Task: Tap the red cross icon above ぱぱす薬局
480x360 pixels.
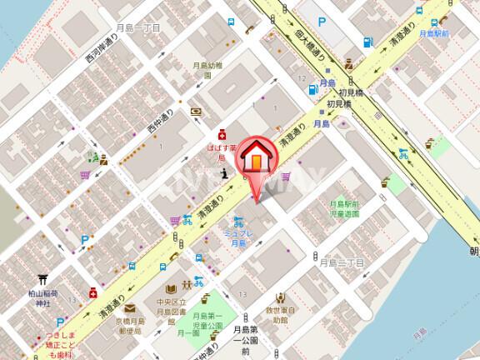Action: coord(222,134)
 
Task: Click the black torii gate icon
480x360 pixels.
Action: coord(41,282)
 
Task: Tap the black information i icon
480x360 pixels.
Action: coord(222,173)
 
